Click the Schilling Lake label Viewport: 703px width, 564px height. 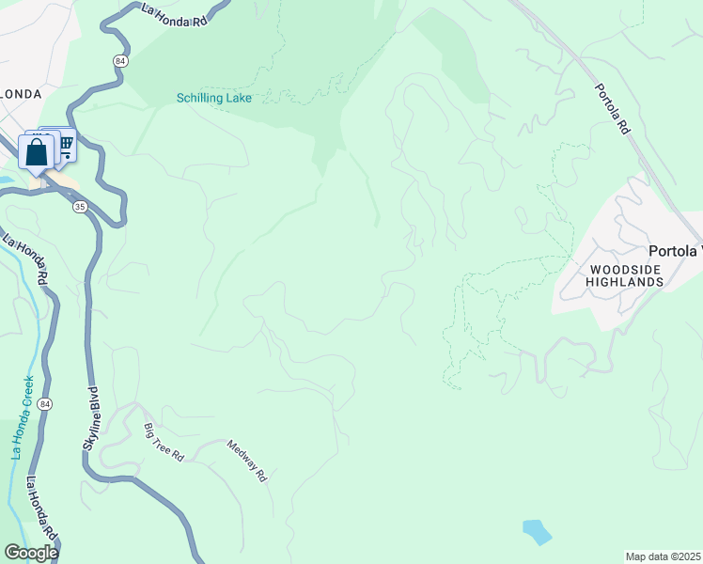[214, 98]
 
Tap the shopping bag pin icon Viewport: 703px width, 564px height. [37, 152]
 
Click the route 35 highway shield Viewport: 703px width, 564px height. [80, 206]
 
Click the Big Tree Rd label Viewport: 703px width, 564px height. [164, 443]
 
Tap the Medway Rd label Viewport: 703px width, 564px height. [247, 462]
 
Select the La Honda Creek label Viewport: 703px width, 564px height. [22, 417]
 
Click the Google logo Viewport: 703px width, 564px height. [31, 552]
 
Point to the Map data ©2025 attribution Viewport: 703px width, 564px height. [663, 556]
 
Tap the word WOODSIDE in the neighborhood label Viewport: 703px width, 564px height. [612, 270]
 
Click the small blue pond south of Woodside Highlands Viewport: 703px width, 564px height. [536, 532]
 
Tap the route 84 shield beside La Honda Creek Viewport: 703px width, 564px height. [46, 404]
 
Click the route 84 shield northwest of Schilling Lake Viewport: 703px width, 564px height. [120, 60]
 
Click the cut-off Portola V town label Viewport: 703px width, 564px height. [675, 251]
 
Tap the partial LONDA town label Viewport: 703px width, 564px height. [20, 94]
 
